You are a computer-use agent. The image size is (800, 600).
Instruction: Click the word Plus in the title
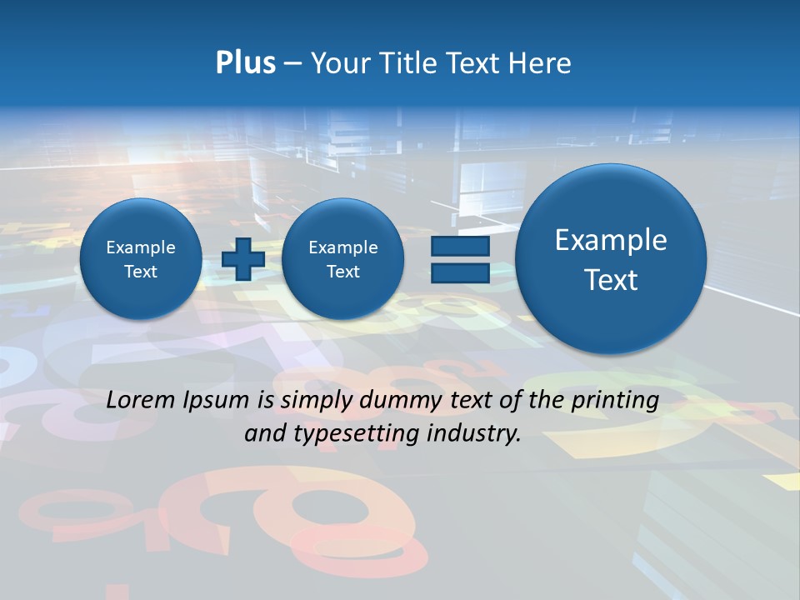[245, 63]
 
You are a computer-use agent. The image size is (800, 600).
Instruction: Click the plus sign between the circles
[243, 258]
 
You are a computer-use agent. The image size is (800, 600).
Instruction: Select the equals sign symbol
[459, 259]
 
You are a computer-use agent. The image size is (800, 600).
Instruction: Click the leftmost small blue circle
[140, 259]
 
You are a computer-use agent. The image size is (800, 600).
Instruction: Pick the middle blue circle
[342, 259]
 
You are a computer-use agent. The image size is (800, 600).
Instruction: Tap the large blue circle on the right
[611, 259]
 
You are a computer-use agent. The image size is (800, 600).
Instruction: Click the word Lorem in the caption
[141, 400]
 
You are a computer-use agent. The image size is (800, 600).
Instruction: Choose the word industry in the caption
[477, 433]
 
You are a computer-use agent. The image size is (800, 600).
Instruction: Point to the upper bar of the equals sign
[459, 246]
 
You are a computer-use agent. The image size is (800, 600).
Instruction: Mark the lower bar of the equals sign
[459, 272]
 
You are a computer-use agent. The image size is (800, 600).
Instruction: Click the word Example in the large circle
[611, 240]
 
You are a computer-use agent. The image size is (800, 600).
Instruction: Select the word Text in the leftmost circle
[140, 272]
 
